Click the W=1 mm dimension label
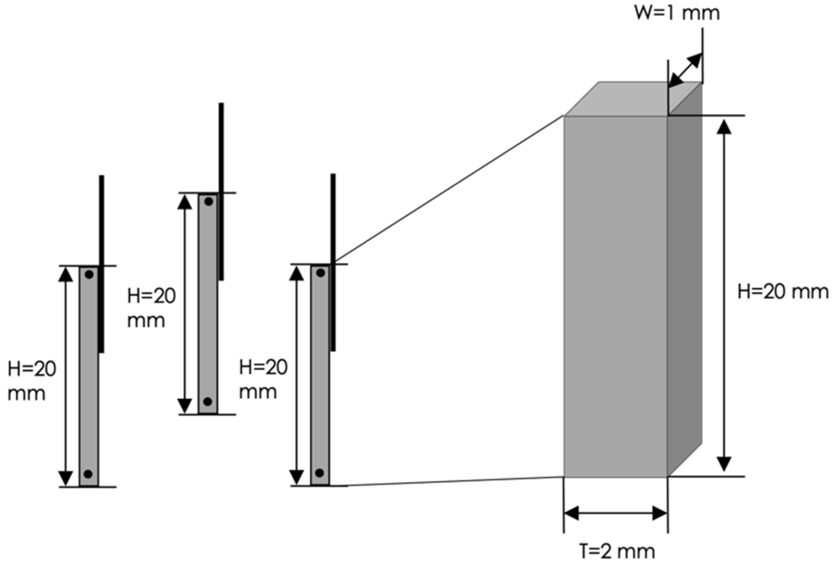click(676, 13)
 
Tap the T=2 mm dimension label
click(617, 551)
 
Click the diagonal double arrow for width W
click(685, 70)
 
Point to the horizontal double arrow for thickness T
click(615, 514)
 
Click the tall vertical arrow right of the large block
click(724, 296)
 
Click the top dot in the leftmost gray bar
click(89, 275)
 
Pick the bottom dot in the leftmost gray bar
click(89, 474)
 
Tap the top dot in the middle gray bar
click(209, 202)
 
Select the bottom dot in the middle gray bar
click(208, 401)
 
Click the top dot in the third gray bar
click(321, 273)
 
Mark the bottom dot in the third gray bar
click(320, 473)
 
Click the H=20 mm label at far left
click(31, 381)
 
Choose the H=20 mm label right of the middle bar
click(151, 308)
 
